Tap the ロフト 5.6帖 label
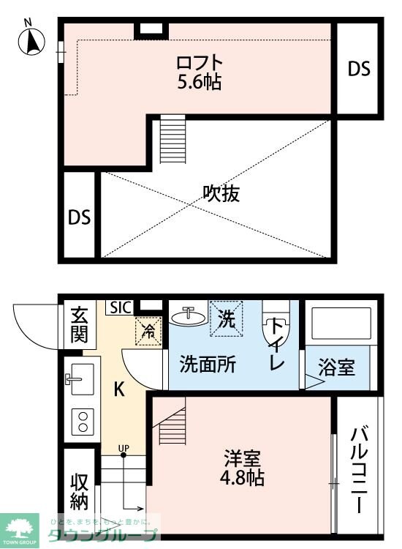click(x=198, y=71)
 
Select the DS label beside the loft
click(x=358, y=69)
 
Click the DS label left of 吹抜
click(x=79, y=217)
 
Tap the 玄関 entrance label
click(x=79, y=325)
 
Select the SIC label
click(x=121, y=307)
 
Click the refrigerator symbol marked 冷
click(x=148, y=330)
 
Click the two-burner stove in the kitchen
click(x=83, y=421)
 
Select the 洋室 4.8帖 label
click(x=243, y=468)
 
